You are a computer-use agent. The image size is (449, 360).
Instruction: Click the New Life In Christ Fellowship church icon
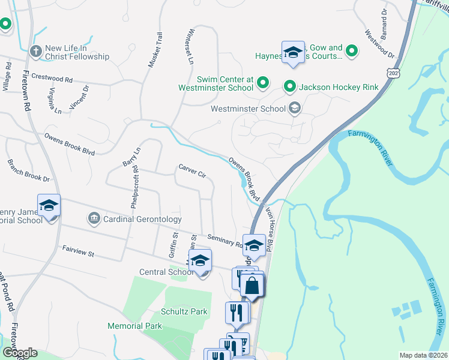(x=36, y=52)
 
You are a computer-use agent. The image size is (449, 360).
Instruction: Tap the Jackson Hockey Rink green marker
(x=290, y=87)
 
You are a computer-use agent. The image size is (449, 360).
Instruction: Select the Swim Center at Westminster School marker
(x=262, y=82)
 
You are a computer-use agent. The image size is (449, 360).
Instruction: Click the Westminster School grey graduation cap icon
(x=294, y=109)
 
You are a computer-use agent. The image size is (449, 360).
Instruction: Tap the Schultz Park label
(x=184, y=311)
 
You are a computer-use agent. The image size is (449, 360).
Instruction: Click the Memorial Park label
(x=134, y=326)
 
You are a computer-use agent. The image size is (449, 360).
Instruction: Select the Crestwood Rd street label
(x=52, y=78)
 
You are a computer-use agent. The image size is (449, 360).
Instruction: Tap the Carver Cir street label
(x=192, y=171)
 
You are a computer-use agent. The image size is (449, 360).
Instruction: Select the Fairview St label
(x=78, y=251)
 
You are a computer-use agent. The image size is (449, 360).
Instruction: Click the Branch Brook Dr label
(x=28, y=171)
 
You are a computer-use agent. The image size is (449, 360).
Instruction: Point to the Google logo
(x=20, y=353)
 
